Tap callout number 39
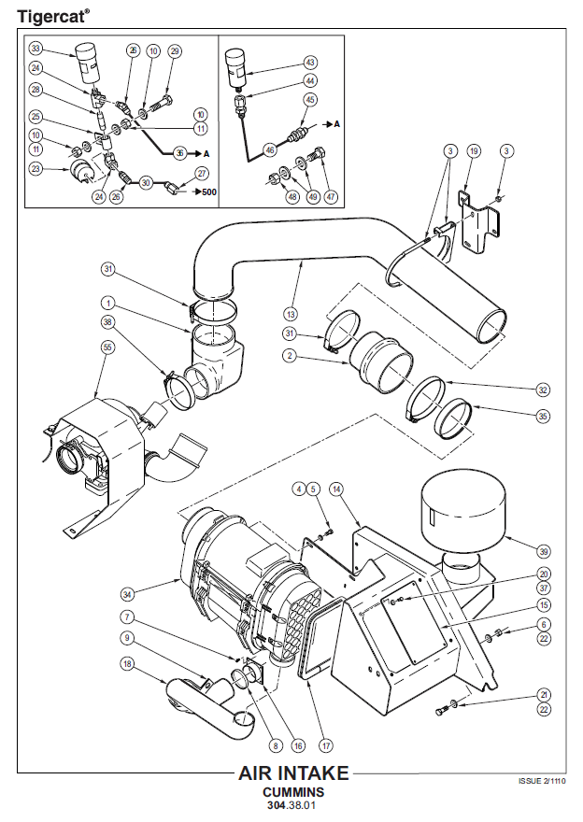[544, 551]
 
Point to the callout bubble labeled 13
[291, 314]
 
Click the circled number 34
[127, 594]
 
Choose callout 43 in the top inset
[310, 63]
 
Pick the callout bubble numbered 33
[36, 49]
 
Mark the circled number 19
[474, 151]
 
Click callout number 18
[127, 664]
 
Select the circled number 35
[544, 417]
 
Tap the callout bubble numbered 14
[336, 489]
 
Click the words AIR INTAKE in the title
[293, 773]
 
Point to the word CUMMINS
[293, 792]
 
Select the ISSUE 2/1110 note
[542, 781]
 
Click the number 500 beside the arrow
[209, 191]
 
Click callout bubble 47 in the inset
[331, 196]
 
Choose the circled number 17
[325, 745]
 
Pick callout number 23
[36, 169]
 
